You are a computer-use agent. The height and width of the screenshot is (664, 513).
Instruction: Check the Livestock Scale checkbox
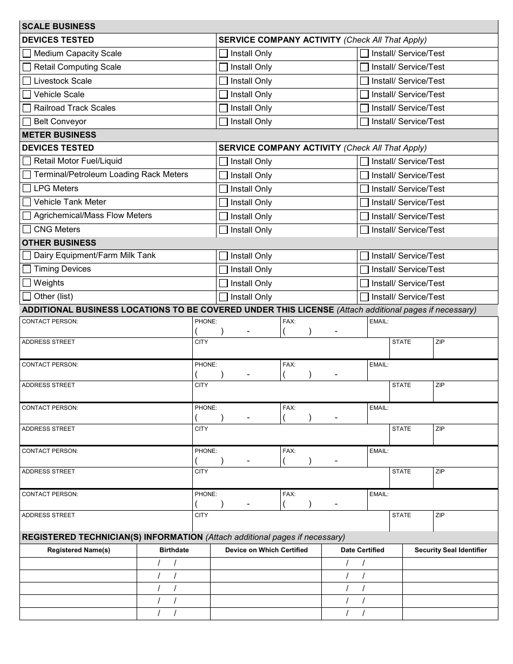pos(26,81)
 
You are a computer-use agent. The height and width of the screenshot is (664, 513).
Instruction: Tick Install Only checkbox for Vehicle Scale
pos(223,94)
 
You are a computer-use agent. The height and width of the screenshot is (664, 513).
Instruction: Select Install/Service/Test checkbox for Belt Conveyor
pos(364,121)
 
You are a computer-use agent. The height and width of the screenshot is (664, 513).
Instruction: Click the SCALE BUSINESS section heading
pos(58,26)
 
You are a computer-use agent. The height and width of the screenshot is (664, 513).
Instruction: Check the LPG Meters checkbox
pos(26,188)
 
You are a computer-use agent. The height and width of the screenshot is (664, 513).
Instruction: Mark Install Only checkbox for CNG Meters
pos(223,230)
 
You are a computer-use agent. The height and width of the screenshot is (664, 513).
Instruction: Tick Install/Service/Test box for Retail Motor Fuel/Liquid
pos(364,161)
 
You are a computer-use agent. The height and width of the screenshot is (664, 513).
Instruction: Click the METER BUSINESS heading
pos(59,135)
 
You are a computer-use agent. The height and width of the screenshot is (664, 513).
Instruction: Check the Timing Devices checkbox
pos(26,269)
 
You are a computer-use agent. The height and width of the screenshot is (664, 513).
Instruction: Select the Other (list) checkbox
pos(26,296)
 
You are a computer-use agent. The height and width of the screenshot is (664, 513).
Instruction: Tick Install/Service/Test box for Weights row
pos(364,283)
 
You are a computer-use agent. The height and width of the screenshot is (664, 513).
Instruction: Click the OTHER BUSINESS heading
pos(59,243)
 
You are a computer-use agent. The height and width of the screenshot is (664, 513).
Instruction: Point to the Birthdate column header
pos(174,550)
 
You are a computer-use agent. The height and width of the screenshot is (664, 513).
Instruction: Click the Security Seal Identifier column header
pos(450,550)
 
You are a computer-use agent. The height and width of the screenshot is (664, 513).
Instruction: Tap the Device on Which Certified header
pos(266,550)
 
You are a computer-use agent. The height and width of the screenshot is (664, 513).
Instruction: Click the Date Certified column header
pos(362,550)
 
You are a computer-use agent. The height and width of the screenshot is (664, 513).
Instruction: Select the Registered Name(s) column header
pos(78,550)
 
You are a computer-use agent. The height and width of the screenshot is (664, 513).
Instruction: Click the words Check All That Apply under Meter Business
pos(385,148)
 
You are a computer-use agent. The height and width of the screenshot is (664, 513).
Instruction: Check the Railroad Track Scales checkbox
pos(26,108)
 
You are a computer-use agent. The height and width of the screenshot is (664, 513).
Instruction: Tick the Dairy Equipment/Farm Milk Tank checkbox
pos(26,255)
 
